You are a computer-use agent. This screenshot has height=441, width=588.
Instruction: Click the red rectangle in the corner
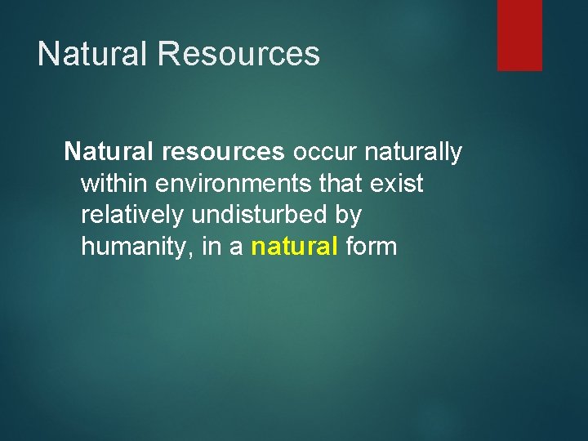pyautogui.click(x=519, y=35)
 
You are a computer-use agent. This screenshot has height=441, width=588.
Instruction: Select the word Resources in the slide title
pyautogui.click(x=238, y=54)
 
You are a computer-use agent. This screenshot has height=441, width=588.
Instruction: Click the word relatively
pyautogui.click(x=133, y=215)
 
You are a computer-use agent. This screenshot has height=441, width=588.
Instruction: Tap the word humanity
pyautogui.click(x=135, y=247)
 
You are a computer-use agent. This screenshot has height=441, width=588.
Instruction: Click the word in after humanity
pyautogui.click(x=210, y=246)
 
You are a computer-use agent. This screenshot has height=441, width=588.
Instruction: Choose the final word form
pyautogui.click(x=372, y=246)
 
